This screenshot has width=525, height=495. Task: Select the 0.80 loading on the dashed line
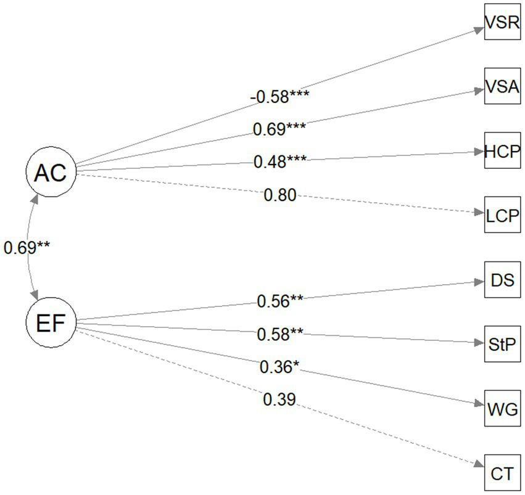pyautogui.click(x=279, y=196)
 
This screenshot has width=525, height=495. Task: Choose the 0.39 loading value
pyautogui.click(x=279, y=401)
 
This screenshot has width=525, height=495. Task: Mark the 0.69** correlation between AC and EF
pyautogui.click(x=27, y=248)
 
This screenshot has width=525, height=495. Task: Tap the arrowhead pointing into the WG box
pyautogui.click(x=479, y=404)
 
